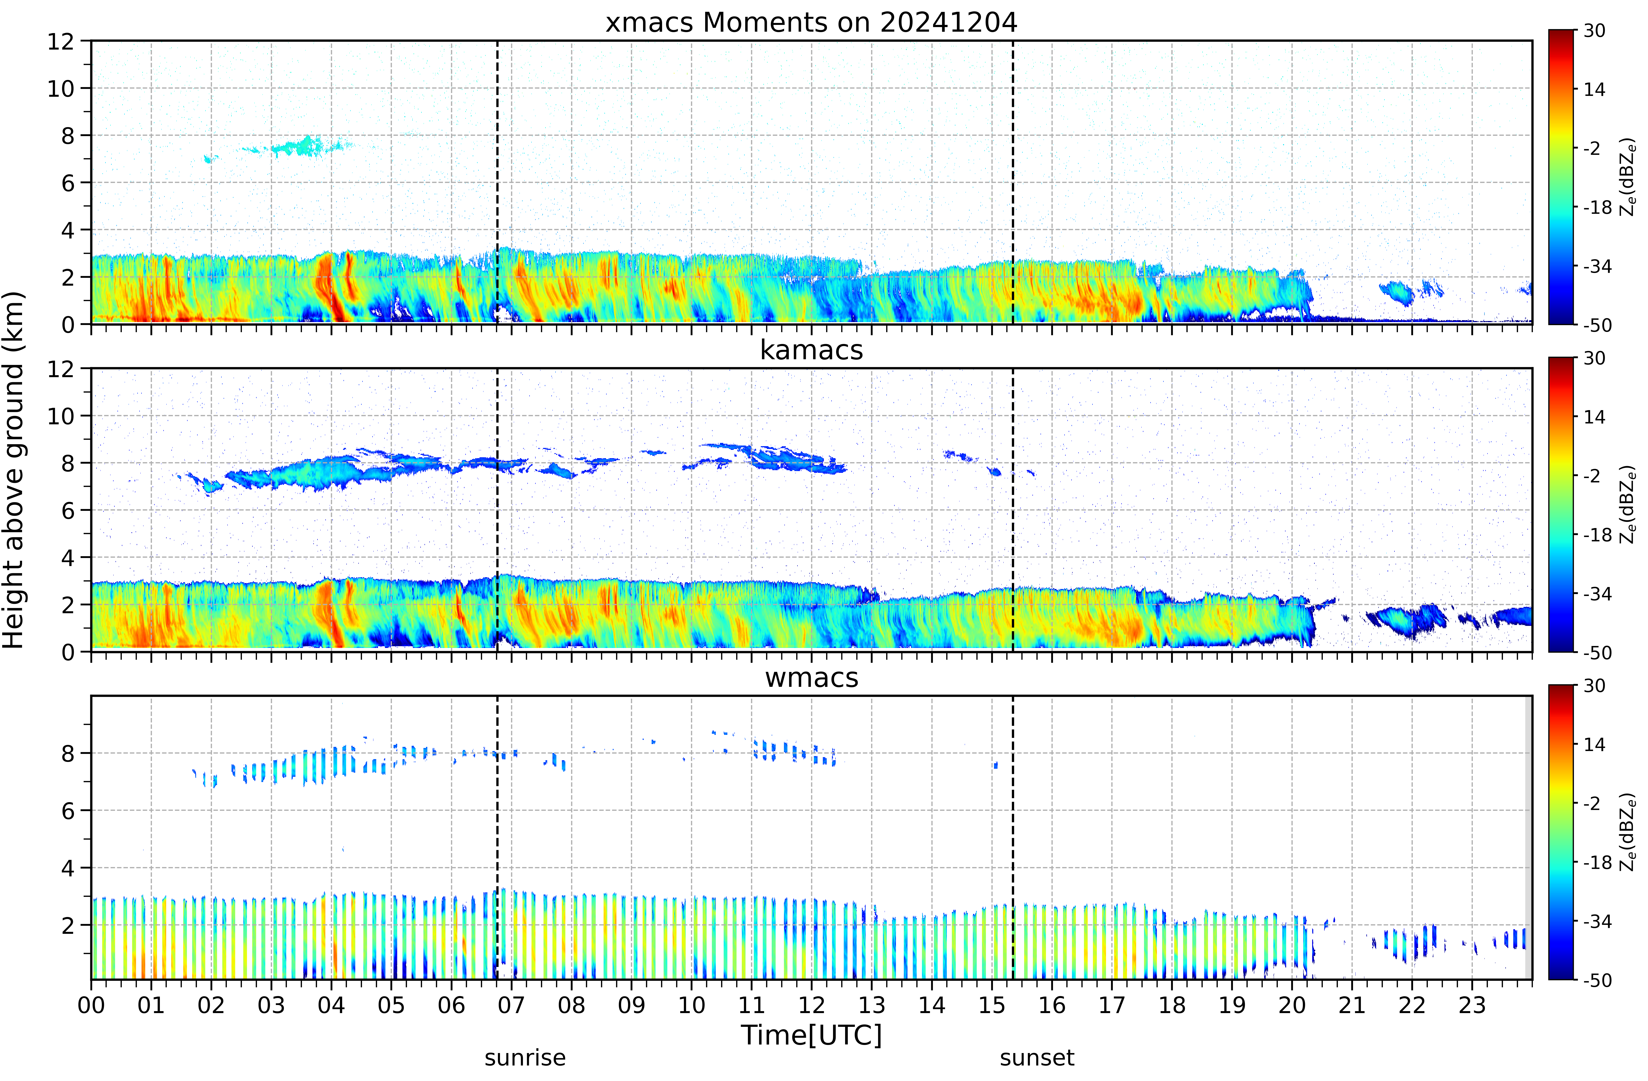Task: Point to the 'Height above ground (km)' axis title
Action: coord(14,470)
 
